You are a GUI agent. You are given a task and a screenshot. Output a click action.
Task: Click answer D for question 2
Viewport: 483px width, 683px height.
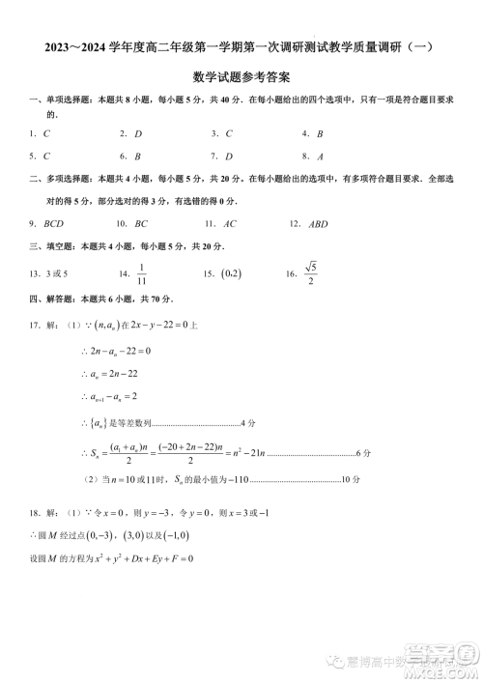(x=138, y=133)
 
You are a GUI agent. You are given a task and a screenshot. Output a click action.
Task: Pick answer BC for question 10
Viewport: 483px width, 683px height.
(x=141, y=223)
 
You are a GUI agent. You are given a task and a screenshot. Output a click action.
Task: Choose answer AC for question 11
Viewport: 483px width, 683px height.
(x=230, y=223)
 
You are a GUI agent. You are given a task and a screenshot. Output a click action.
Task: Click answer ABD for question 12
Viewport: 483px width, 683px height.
(x=318, y=223)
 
